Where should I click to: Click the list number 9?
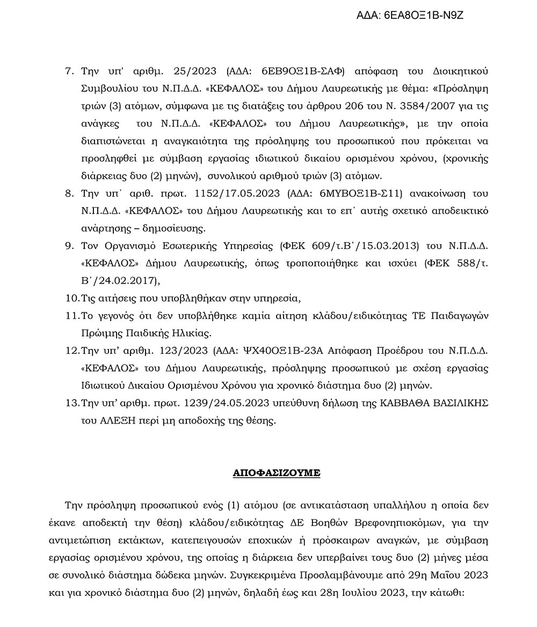point(68,245)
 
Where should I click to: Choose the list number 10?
point(71,298)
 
